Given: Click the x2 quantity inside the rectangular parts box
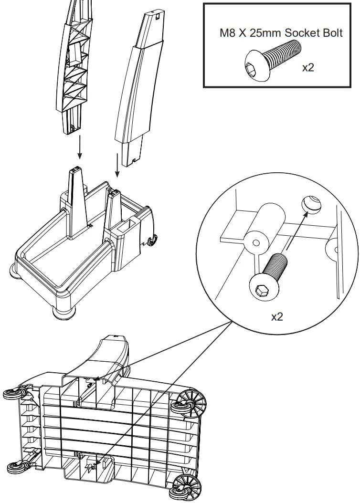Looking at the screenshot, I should pos(308,67).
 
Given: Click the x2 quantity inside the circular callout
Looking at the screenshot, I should pos(277,316).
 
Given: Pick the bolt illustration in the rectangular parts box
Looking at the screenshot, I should pos(272,60).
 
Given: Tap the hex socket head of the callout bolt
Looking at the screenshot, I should pos(262,288).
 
